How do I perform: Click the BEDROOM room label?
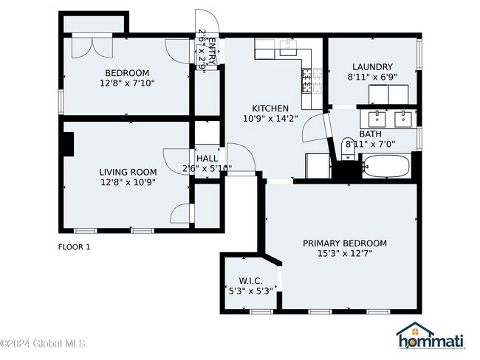pyautogui.click(x=127, y=73)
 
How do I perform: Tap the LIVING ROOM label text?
pyautogui.click(x=128, y=172)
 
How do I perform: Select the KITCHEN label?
pyautogui.click(x=270, y=108)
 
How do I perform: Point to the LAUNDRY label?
pyautogui.click(x=372, y=67)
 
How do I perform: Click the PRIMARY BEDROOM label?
pyautogui.click(x=345, y=243)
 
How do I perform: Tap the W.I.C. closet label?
pyautogui.click(x=251, y=281)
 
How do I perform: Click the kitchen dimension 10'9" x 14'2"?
pyautogui.click(x=270, y=118)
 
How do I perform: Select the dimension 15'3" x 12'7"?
pyautogui.click(x=345, y=253)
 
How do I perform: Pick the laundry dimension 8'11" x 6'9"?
pyautogui.click(x=372, y=77)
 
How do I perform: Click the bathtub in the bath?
pyautogui.click(x=386, y=166)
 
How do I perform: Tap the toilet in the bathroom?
pyautogui.click(x=348, y=148)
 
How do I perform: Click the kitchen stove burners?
pyautogui.click(x=312, y=80)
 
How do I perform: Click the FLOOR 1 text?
pyautogui.click(x=74, y=247)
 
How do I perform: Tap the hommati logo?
pyautogui.click(x=431, y=336)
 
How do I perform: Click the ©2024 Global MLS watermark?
pyautogui.click(x=43, y=344)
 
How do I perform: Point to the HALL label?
pyautogui.click(x=208, y=159)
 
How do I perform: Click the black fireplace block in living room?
pyautogui.click(x=68, y=144)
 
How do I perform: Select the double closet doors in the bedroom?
pyautogui.click(x=92, y=47)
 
